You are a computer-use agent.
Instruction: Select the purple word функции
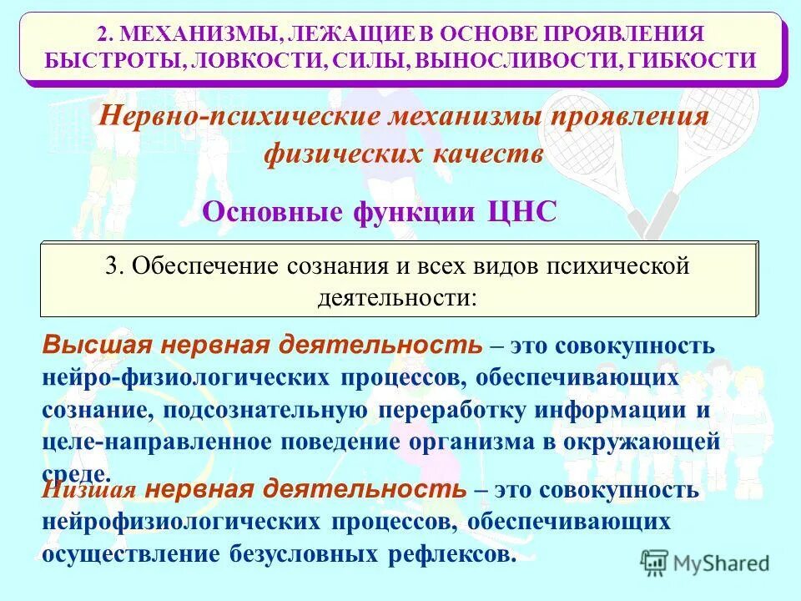(400, 212)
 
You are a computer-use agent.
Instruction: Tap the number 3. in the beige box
(115, 267)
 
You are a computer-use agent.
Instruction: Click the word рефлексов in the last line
(454, 553)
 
